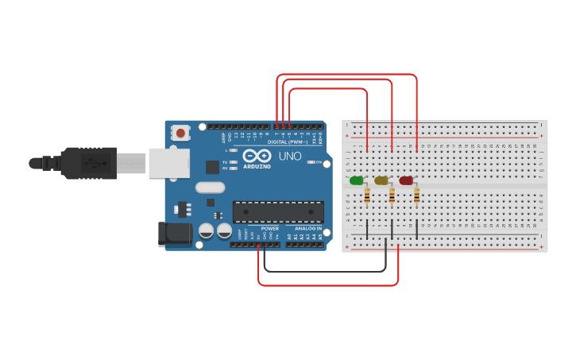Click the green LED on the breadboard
click(356, 180)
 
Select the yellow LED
click(381, 180)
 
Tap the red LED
click(406, 180)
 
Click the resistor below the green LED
click(366, 195)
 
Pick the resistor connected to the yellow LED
click(392, 195)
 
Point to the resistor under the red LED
click(417, 195)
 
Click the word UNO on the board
click(290, 156)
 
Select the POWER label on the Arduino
click(270, 229)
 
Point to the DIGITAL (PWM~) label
click(287, 142)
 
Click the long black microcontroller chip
click(278, 211)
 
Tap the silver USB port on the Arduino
click(168, 163)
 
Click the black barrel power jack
click(175, 233)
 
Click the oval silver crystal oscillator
click(209, 188)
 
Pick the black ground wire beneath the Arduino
click(326, 271)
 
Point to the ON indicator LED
click(310, 162)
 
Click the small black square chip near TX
click(212, 167)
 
